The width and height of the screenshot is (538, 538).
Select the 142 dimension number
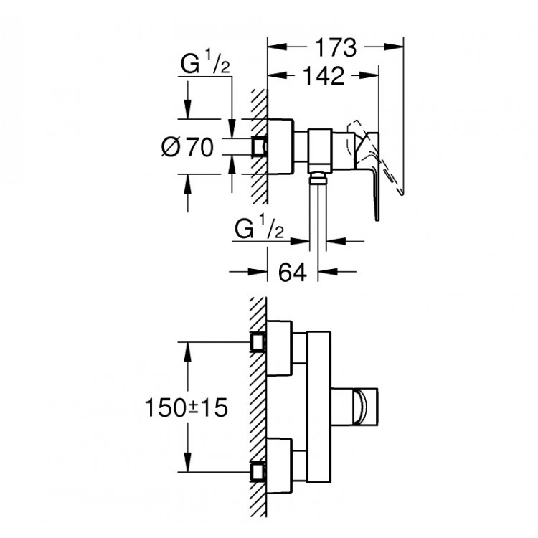pyautogui.click(x=323, y=76)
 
